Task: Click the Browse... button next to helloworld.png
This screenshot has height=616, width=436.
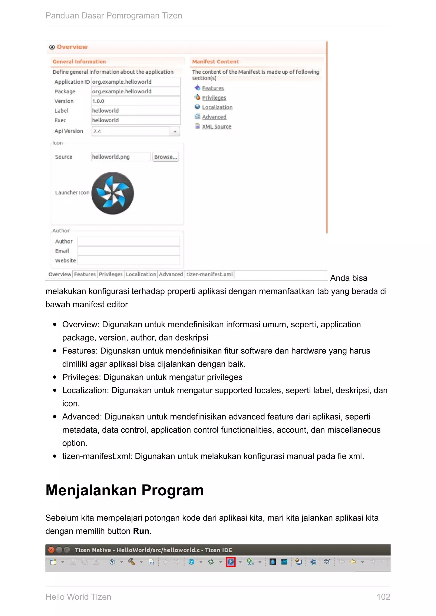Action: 165,157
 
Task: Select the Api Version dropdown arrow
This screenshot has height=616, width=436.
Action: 175,131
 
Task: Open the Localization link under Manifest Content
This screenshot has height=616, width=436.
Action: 217,107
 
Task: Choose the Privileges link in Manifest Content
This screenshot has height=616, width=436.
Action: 214,98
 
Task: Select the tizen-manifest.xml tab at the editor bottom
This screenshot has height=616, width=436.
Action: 209,274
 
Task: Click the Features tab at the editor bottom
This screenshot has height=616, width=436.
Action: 85,274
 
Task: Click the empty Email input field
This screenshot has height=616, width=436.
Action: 129,251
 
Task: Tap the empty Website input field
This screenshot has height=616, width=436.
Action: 129,261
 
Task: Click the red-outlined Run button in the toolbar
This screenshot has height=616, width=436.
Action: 231,562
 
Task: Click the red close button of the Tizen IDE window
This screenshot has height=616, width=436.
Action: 51,550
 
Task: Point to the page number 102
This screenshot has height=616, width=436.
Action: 383,597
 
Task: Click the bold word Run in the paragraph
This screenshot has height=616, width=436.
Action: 141,531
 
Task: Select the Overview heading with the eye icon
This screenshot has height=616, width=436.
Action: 72,47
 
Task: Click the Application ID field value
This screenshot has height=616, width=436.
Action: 136,82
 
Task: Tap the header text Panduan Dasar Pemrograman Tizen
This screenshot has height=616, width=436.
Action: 113,16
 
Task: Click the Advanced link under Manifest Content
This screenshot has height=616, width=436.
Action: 214,117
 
